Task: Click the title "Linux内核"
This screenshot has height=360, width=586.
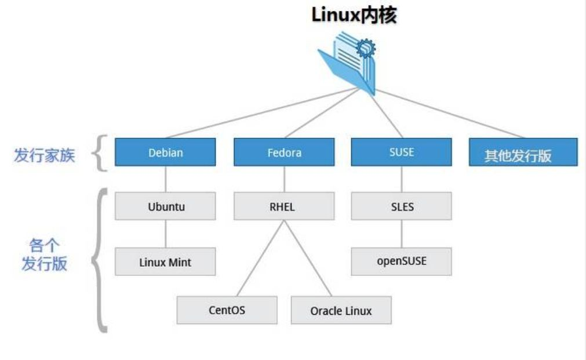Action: pyautogui.click(x=354, y=16)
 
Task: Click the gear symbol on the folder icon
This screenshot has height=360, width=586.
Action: pyautogui.click(x=365, y=49)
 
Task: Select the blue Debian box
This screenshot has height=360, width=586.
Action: pyautogui.click(x=165, y=152)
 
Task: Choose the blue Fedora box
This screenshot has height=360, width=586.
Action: pyautogui.click(x=284, y=152)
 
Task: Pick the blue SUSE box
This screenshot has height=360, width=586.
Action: pyautogui.click(x=401, y=152)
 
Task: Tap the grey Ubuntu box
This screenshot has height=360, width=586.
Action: pyautogui.click(x=165, y=206)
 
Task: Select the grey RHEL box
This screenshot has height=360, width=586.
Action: pyautogui.click(x=284, y=206)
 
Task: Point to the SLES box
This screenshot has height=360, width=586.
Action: pyautogui.click(x=401, y=206)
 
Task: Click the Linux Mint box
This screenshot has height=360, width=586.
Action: pyautogui.click(x=165, y=261)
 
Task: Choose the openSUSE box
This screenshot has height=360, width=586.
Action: pyautogui.click(x=401, y=261)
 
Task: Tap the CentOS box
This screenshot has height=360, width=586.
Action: pyautogui.click(x=227, y=310)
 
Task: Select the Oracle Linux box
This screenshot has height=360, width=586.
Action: pyautogui.click(x=341, y=310)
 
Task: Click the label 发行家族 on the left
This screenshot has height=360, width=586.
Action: pyautogui.click(x=45, y=155)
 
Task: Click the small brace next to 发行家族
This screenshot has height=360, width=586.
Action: pyautogui.click(x=101, y=153)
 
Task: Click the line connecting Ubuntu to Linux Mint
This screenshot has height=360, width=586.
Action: pyautogui.click(x=166, y=234)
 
